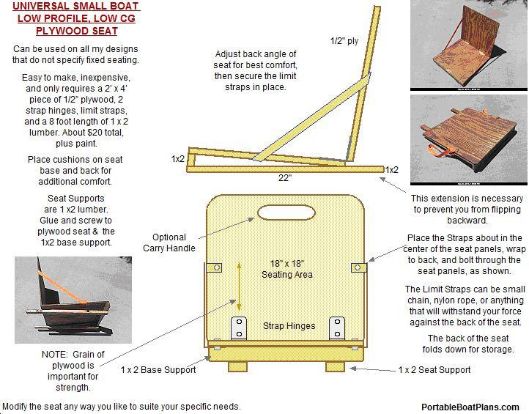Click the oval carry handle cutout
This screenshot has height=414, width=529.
286,212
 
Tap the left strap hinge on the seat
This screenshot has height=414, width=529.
239,328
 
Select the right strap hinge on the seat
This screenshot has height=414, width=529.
337,328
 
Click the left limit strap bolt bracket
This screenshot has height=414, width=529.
214,267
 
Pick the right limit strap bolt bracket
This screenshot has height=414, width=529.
358,267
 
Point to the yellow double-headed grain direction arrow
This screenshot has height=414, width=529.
239,287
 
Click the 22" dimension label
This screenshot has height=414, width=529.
285,177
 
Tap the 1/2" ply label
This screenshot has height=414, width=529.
344,41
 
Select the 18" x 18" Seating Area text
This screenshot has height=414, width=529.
287,269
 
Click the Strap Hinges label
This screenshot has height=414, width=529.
289,325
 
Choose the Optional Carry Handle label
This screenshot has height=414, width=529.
169,243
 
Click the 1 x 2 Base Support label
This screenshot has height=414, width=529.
158,370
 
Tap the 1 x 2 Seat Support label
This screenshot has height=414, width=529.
434,370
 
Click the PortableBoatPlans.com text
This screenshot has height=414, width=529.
470,407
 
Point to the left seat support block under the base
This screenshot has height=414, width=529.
237,366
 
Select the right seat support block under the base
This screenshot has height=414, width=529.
335,366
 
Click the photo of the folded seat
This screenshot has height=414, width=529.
469,140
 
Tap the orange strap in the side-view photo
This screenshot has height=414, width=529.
62,288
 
